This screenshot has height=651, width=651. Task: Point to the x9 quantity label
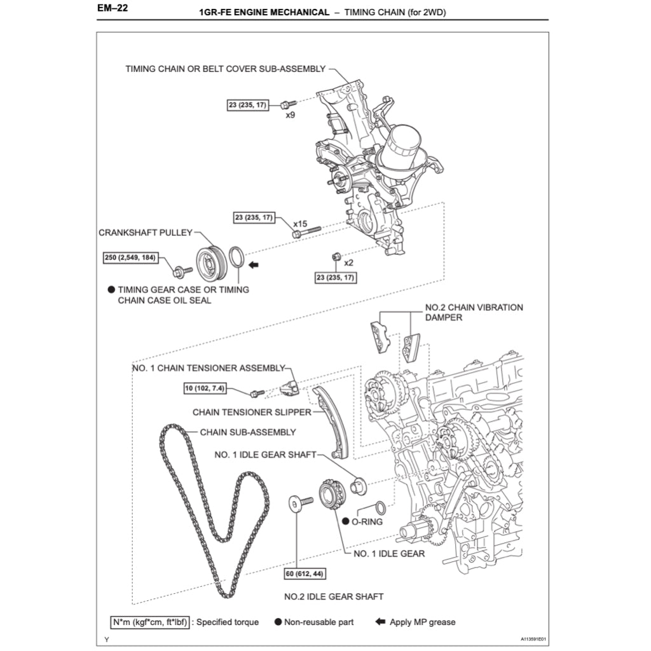tap(290, 115)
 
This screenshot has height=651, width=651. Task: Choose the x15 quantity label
tap(300, 224)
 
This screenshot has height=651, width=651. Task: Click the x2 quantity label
tap(348, 262)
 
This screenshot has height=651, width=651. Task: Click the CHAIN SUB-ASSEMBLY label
tap(248, 432)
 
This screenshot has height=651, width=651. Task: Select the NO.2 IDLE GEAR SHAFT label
tap(334, 596)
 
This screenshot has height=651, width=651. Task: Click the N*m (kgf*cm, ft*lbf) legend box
tap(149, 622)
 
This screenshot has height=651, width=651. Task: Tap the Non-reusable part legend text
tap(319, 622)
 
